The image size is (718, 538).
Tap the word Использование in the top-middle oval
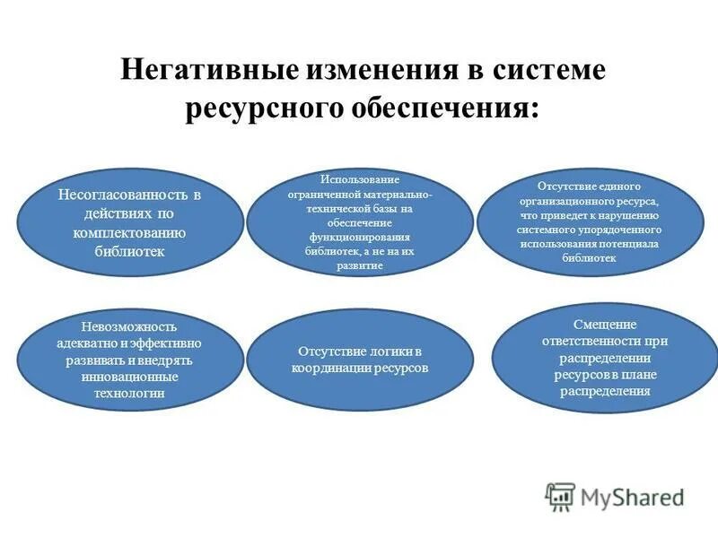(360, 179)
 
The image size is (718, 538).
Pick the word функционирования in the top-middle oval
(359, 238)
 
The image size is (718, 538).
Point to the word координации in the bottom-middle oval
(331, 368)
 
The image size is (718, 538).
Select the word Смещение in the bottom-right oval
(604, 323)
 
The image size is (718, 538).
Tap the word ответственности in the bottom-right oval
(605, 341)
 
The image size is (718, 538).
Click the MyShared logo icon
(560, 496)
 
